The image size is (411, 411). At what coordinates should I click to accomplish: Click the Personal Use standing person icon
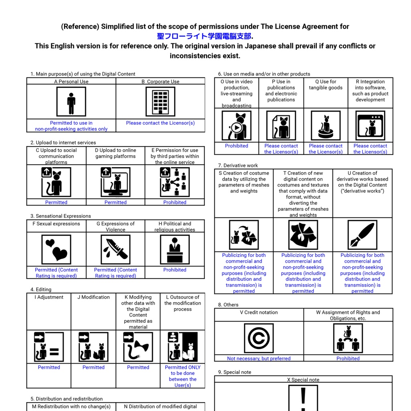tap(71, 102)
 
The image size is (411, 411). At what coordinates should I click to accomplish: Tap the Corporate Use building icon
tap(161, 102)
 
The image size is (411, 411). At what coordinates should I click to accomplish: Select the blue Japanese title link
tap(204, 36)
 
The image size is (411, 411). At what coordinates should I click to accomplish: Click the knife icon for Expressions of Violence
tap(115, 250)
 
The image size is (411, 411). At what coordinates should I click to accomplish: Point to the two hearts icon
tap(56, 250)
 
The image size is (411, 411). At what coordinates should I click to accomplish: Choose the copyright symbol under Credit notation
tap(259, 338)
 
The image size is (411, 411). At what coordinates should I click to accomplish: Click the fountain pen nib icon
tap(362, 235)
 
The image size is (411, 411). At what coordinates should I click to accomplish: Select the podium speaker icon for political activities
tap(175, 250)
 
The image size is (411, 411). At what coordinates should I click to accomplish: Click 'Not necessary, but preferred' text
tap(259, 358)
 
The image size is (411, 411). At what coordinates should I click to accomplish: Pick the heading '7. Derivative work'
tap(238, 165)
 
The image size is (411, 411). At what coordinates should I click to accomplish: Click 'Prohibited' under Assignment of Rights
tap(348, 358)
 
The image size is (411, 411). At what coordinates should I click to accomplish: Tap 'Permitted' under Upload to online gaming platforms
tap(115, 202)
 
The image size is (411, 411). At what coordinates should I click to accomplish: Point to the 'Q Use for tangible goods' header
tap(326, 85)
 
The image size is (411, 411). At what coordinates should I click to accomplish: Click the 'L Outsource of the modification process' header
tap(183, 303)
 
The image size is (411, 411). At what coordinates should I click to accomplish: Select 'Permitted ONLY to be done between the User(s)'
tap(183, 376)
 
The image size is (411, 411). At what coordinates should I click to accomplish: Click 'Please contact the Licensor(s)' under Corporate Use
tap(161, 123)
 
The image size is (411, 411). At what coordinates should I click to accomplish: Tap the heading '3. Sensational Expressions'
tap(61, 216)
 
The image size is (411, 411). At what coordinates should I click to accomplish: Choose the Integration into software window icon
tap(370, 126)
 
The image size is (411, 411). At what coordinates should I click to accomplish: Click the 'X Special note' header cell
tap(303, 380)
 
